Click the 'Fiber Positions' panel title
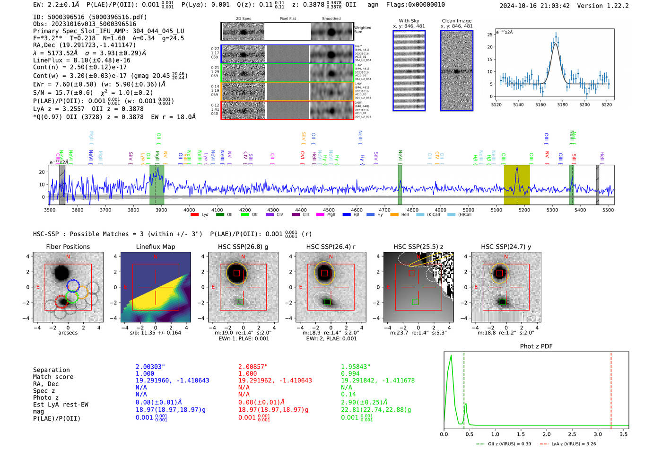click(68, 247)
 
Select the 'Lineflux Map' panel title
click(155, 247)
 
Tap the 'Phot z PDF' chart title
click(536, 346)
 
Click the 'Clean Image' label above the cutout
click(456, 21)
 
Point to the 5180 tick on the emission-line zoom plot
click(562, 105)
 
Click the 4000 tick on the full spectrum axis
click(189, 210)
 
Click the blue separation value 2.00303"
click(150, 367)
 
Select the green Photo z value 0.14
click(348, 394)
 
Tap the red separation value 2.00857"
click(253, 367)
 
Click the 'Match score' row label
click(53, 377)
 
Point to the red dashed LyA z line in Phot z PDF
click(611, 388)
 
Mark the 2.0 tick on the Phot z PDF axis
click(547, 434)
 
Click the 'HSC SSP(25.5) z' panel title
click(418, 247)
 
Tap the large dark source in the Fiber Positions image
click(61, 273)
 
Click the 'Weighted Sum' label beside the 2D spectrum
click(362, 30)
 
